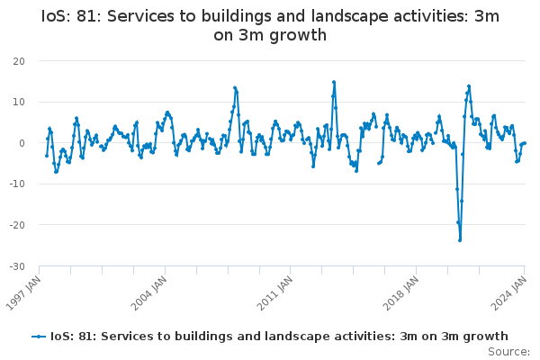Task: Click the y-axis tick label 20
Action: (x=18, y=61)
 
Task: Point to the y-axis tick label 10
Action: (x=18, y=102)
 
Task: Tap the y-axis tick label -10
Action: (x=16, y=184)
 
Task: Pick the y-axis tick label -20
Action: (x=16, y=225)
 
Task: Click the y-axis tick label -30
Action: (x=16, y=266)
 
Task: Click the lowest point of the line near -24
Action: (x=460, y=239)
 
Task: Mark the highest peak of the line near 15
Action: (x=334, y=82)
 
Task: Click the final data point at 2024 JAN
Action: (x=525, y=143)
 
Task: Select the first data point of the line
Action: (x=47, y=156)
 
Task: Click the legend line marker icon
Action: (x=38, y=337)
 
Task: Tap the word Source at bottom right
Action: (x=508, y=351)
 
